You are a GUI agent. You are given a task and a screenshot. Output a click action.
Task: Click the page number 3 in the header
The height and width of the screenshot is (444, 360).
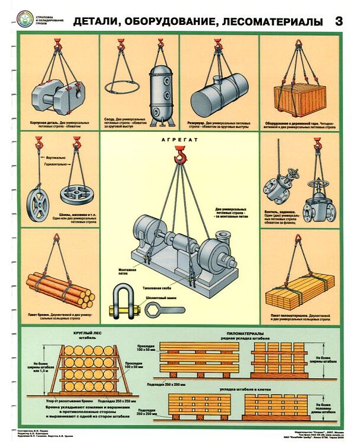pyautogui.click(x=339, y=22)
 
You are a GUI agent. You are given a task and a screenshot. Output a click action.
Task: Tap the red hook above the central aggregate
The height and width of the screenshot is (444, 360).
pyautogui.click(x=179, y=156)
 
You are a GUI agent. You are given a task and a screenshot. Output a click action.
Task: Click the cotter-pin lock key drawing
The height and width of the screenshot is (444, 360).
pyautogui.click(x=163, y=309)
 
